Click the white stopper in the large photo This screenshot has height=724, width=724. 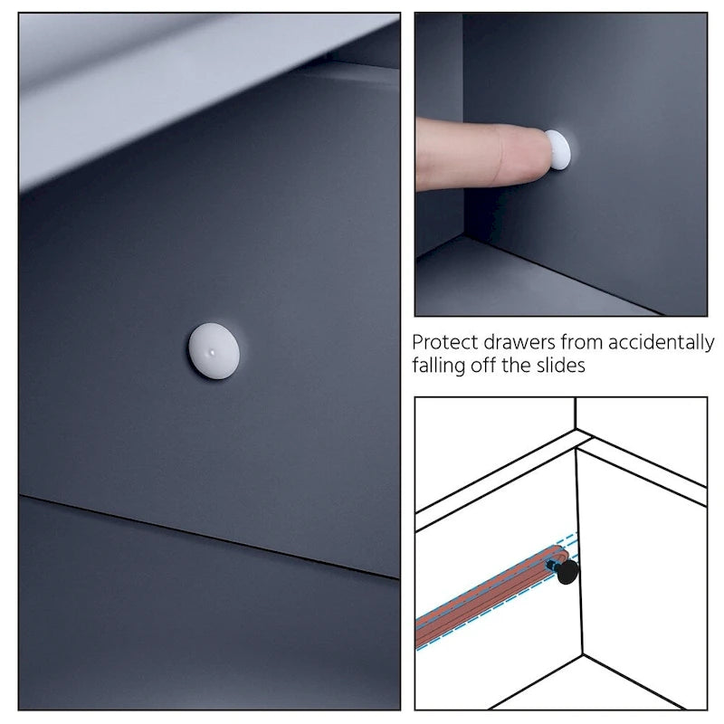(214, 351)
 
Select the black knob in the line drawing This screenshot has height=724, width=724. (567, 572)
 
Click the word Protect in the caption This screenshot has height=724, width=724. (445, 343)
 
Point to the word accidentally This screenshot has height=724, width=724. (662, 344)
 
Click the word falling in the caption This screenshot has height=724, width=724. (439, 367)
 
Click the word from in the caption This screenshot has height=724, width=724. (582, 343)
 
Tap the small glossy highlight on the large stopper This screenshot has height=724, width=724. (212, 353)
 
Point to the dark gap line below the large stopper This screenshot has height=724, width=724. (209, 537)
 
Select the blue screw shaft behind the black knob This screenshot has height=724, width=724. (553, 565)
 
